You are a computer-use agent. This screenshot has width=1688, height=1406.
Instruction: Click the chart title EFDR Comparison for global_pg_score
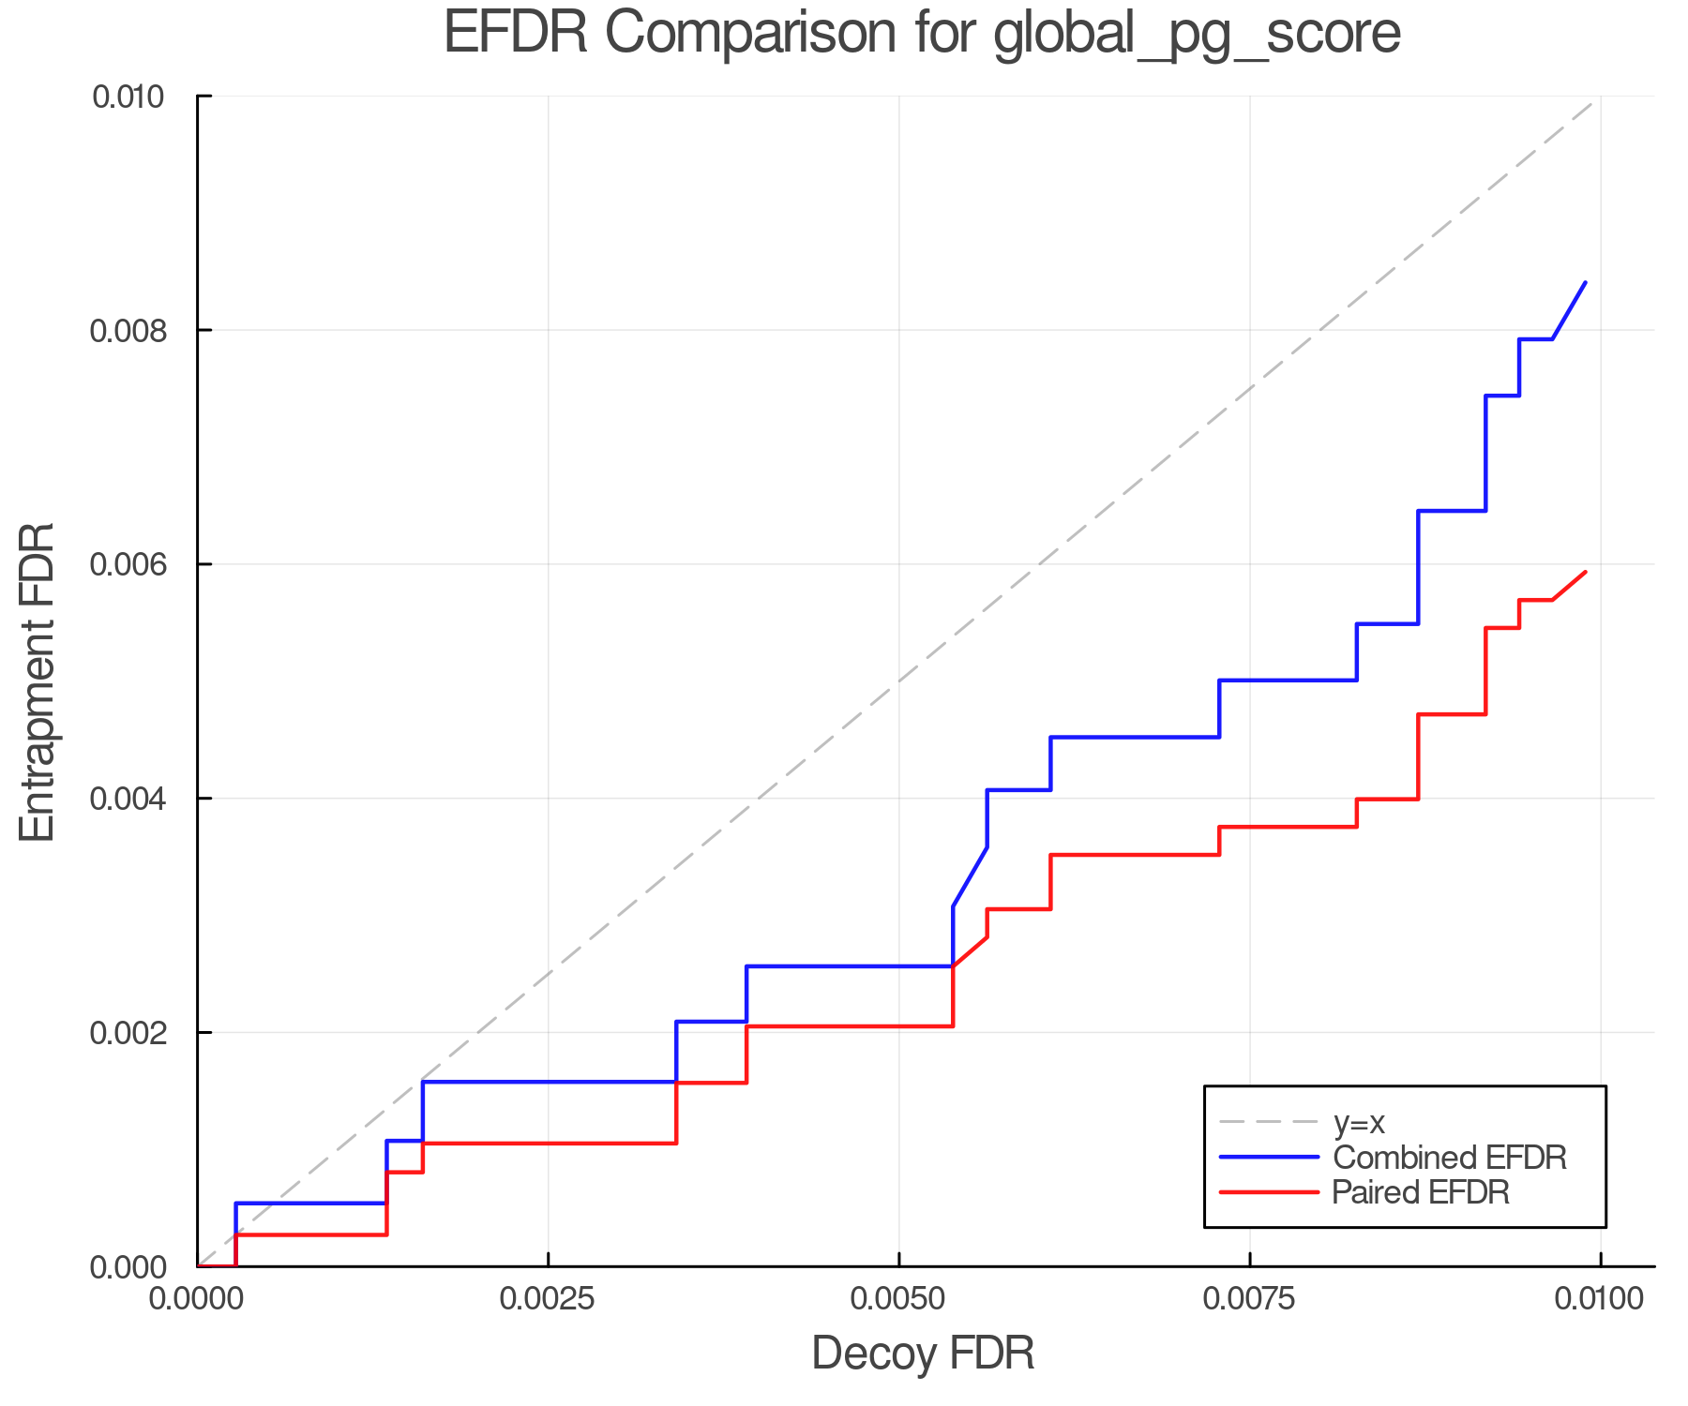tap(922, 33)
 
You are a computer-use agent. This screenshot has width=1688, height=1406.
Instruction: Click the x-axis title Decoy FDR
tap(923, 1354)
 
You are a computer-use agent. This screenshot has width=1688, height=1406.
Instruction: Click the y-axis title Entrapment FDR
tap(38, 682)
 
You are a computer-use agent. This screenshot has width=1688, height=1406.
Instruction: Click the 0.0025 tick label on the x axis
tap(548, 1299)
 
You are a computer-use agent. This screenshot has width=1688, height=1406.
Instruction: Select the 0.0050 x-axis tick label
tap(898, 1299)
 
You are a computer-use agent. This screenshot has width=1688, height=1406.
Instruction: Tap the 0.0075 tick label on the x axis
tap(1250, 1299)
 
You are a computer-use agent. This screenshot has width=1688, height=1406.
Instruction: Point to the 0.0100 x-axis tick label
tap(1600, 1299)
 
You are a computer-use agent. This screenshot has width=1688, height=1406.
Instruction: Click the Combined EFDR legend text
tap(1449, 1158)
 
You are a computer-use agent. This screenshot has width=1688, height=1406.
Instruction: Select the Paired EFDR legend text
tap(1421, 1192)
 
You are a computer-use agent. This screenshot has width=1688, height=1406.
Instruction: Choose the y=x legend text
tap(1359, 1122)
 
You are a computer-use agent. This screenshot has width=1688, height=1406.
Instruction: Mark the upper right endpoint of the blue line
tap(1585, 282)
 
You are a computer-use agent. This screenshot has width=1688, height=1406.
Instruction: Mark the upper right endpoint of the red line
tap(1585, 572)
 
